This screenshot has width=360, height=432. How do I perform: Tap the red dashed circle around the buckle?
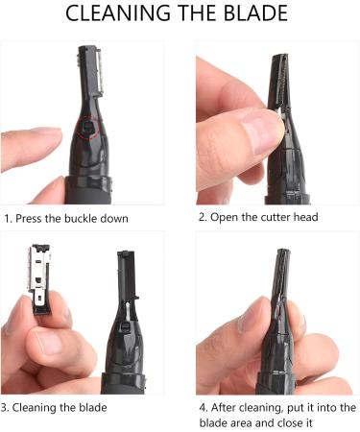coord(87,127)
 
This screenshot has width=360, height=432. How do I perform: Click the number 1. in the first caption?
coord(10,218)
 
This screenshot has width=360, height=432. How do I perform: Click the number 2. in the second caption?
coord(204,217)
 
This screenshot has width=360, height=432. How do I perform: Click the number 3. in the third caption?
coord(10,408)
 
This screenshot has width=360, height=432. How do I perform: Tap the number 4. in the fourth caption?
coord(202,408)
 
